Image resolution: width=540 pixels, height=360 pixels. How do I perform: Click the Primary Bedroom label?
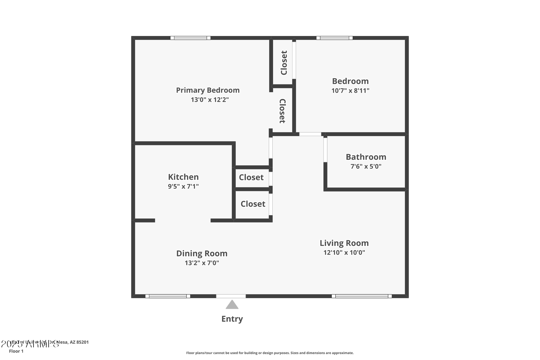tap(208, 90)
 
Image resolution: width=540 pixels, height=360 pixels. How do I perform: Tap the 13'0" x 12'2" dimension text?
tap(210, 100)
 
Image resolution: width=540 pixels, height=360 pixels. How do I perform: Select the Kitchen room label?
tap(183, 177)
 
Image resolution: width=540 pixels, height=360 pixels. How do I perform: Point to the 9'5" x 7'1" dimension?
tap(183, 186)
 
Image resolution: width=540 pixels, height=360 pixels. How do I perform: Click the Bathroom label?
tap(366, 157)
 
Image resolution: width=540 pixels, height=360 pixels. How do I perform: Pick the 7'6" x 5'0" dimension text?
tap(366, 166)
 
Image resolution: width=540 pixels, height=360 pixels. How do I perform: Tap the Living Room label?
tap(344, 243)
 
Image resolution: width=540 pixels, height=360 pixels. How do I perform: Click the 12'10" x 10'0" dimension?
tap(344, 252)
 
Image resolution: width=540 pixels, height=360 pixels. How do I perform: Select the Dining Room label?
tap(202, 253)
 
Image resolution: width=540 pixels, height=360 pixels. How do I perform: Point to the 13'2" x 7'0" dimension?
tap(202, 263)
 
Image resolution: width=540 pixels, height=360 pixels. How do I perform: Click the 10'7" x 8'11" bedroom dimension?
tap(350, 91)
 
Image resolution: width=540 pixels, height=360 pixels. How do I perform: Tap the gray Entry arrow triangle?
tap(232, 305)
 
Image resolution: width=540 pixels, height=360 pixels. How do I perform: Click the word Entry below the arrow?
tap(232, 319)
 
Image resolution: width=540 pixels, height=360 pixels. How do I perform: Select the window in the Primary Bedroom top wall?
tap(190, 38)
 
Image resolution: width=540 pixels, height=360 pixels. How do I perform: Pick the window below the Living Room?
tap(362, 296)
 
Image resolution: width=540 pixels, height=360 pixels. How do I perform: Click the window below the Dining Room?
tap(168, 296)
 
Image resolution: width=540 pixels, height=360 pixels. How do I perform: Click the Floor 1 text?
tap(16, 351)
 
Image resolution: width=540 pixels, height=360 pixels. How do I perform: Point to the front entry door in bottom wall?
tap(231, 296)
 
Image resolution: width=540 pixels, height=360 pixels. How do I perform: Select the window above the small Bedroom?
tap(334, 38)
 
